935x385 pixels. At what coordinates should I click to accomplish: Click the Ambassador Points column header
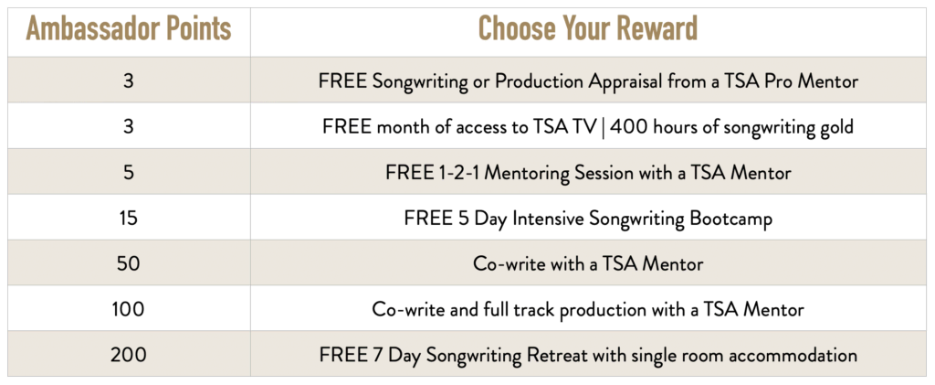[x=129, y=29]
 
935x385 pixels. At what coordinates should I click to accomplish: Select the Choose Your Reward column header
[x=588, y=29]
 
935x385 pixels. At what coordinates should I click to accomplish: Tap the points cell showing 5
[x=129, y=173]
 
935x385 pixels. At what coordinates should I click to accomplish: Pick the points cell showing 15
[x=129, y=218]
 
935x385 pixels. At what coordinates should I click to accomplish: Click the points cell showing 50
[x=129, y=263]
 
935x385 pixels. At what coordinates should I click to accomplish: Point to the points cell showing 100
[x=129, y=309]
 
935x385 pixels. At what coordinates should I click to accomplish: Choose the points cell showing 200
[x=129, y=355]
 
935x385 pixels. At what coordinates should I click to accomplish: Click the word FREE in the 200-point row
[x=341, y=355]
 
